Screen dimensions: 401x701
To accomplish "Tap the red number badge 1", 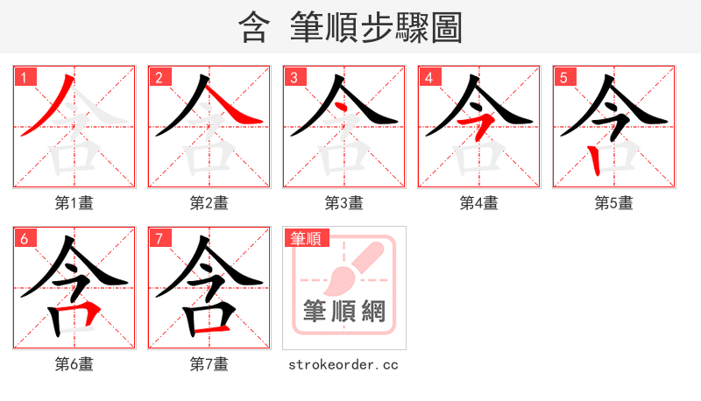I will (24, 77).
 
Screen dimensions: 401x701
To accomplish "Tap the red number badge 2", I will (159, 77).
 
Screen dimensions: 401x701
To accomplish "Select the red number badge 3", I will (294, 77).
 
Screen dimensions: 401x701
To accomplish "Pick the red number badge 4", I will (428, 77).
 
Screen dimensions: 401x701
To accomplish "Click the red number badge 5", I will (563, 77).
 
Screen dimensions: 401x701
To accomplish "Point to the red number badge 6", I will (24, 238).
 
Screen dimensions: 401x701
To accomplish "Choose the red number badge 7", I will (159, 238).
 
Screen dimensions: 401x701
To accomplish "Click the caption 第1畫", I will (74, 203).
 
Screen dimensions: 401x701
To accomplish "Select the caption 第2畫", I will (209, 203).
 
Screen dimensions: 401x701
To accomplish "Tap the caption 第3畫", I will (344, 203).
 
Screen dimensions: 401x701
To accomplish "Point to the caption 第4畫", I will (479, 203).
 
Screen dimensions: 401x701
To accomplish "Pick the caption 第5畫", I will (614, 203).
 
